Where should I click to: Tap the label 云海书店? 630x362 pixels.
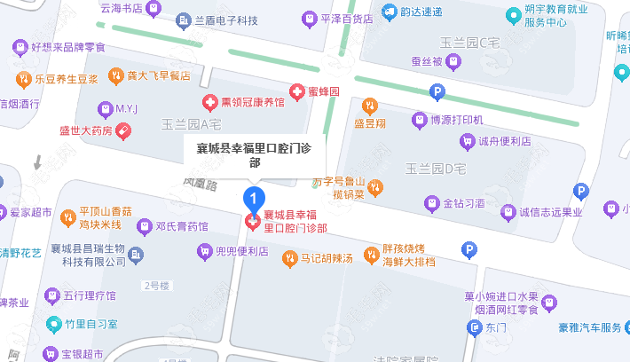122,7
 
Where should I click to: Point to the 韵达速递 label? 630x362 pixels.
421,12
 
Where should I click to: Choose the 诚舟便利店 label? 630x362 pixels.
498,140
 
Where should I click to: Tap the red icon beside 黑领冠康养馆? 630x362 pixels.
211,102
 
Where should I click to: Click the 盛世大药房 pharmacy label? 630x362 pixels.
86,131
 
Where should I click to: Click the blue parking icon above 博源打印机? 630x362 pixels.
436,90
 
